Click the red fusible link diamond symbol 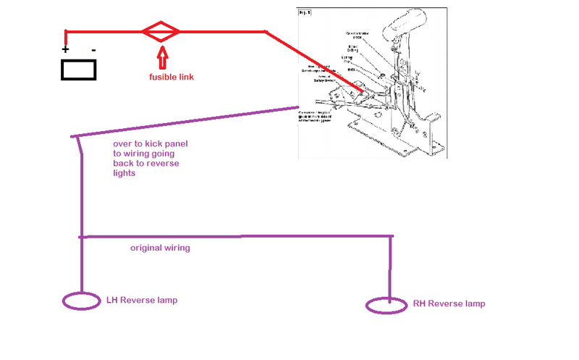[160, 31]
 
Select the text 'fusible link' [172, 77]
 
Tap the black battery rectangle [78, 70]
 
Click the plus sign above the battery [65, 50]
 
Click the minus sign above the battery [93, 50]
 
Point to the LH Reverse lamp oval [81, 301]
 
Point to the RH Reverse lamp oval [386, 305]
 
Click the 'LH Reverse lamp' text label [142, 300]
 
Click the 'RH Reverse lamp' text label [449, 304]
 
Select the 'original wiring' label [160, 248]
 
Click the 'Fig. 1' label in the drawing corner [305, 13]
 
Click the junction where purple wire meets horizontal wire [81, 237]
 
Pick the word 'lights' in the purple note [124, 173]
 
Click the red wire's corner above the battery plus [66, 32]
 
